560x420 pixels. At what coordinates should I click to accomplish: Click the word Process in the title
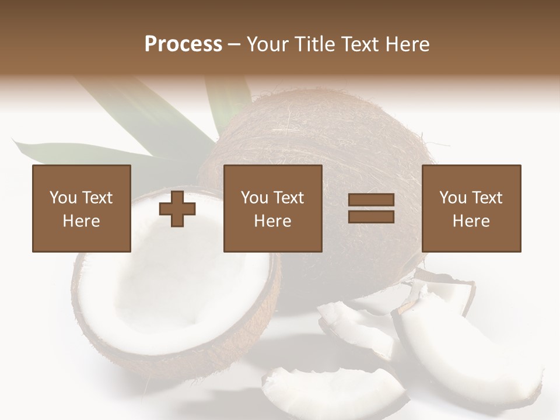[x=183, y=44]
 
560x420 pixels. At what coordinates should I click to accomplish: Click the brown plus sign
[x=177, y=208]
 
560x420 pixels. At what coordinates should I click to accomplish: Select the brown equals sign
[x=371, y=208]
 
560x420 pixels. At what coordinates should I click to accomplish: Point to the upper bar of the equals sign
[x=371, y=200]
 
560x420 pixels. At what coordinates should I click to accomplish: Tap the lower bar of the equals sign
[x=371, y=216]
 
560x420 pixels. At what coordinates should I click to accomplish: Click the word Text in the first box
[x=97, y=198]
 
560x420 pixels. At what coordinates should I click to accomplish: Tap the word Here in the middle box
[x=273, y=221]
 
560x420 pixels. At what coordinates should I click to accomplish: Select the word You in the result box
[x=453, y=198]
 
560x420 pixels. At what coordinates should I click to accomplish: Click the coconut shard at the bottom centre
[x=332, y=391]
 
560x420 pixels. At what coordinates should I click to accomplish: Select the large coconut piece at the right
[x=461, y=338]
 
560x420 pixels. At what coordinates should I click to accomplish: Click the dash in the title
[x=235, y=44]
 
